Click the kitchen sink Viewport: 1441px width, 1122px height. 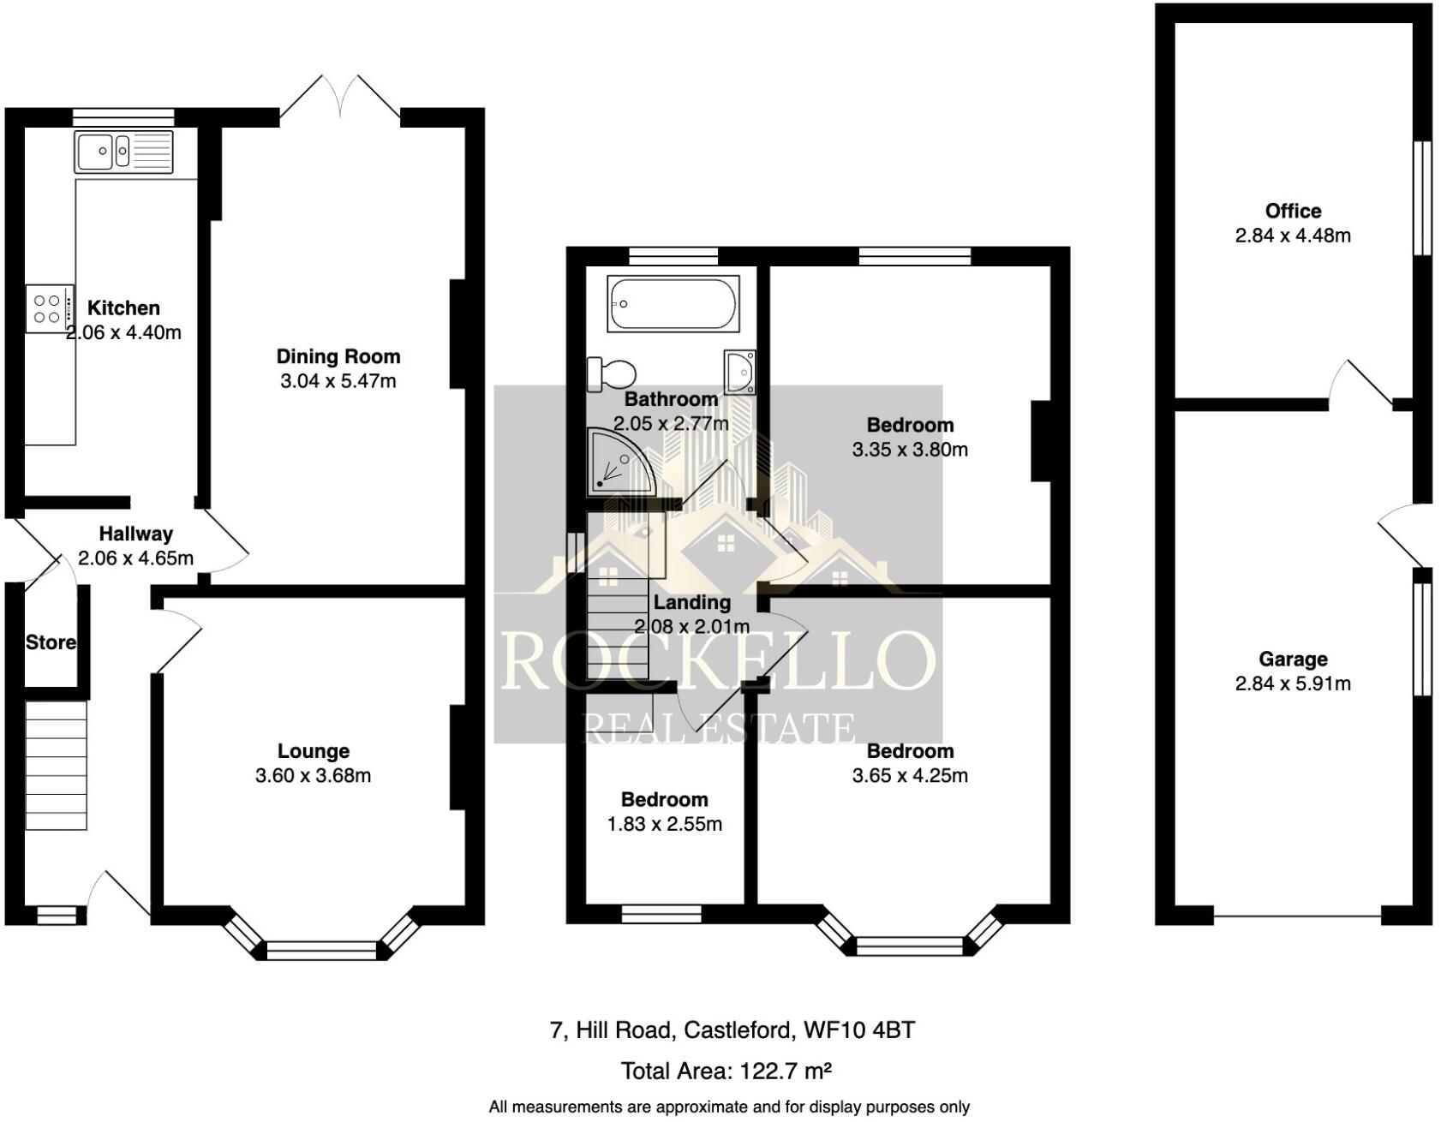[x=123, y=152]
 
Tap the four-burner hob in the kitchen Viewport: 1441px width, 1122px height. [x=48, y=309]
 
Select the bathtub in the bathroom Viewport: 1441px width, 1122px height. [x=673, y=303]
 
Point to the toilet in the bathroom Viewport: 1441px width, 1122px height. [x=612, y=374]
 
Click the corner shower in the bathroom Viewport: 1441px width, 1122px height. [x=619, y=463]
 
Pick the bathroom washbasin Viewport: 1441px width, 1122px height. [x=738, y=372]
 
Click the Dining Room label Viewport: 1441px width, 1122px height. [x=338, y=356]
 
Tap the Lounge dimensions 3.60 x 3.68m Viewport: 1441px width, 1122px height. [x=313, y=776]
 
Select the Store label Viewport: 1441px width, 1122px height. [x=51, y=642]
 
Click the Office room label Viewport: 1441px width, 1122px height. [x=1293, y=211]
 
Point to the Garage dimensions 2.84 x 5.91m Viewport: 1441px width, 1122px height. [x=1293, y=683]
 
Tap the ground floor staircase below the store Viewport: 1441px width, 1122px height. [x=56, y=765]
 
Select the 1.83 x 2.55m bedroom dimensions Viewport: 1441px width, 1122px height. [x=664, y=824]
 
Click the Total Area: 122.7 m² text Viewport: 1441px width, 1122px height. [x=726, y=1071]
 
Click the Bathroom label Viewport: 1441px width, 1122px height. [x=671, y=399]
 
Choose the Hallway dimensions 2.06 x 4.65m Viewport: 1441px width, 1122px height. [x=135, y=558]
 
